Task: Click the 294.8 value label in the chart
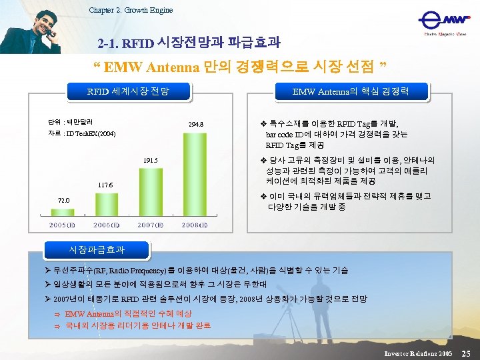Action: pos(195,124)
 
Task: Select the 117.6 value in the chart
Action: pos(105,185)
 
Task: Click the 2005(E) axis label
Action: pos(61,225)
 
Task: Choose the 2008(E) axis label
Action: pos(195,225)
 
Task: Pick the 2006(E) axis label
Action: pos(106,225)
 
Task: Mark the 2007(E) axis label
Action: pos(151,225)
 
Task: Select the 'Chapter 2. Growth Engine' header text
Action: pos(131,9)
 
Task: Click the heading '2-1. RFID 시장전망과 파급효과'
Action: pos(189,43)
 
